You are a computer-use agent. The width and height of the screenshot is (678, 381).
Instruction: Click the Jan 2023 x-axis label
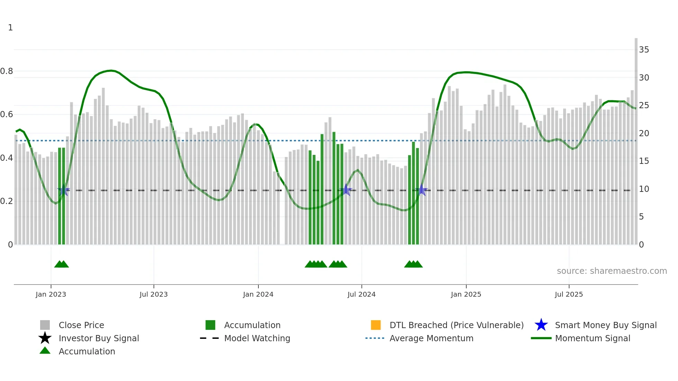tap(51, 294)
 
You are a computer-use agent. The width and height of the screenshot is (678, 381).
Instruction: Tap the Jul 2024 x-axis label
tap(361, 294)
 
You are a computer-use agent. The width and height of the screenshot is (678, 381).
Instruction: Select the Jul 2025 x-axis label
tap(569, 294)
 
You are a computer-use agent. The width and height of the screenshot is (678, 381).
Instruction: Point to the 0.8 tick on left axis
tap(7, 71)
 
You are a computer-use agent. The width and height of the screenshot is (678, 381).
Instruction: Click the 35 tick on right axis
tap(644, 50)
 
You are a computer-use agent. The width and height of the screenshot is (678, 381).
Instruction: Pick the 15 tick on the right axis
tap(644, 161)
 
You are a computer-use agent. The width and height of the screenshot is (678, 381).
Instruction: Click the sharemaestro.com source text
tap(612, 271)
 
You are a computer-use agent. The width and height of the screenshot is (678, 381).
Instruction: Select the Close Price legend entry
tap(81, 325)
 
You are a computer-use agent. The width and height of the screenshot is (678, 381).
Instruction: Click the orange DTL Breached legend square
tap(376, 325)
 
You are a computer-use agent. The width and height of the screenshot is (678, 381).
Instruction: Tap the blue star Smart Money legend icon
tap(541, 325)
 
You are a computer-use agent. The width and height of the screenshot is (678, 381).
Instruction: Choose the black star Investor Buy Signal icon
tap(45, 338)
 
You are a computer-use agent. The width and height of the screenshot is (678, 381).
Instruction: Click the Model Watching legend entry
tap(257, 338)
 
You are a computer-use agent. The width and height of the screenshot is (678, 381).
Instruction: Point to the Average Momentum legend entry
tap(431, 338)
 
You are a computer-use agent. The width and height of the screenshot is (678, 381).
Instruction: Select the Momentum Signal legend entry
tap(592, 338)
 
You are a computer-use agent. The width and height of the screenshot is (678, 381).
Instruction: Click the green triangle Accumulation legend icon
tap(45, 351)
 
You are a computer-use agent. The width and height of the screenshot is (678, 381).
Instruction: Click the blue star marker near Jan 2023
tap(63, 190)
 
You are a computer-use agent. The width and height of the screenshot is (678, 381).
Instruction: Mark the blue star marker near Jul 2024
tap(346, 190)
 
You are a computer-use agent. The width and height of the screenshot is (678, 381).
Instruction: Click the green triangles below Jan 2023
tap(62, 264)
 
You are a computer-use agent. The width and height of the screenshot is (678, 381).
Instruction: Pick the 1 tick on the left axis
tap(10, 28)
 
